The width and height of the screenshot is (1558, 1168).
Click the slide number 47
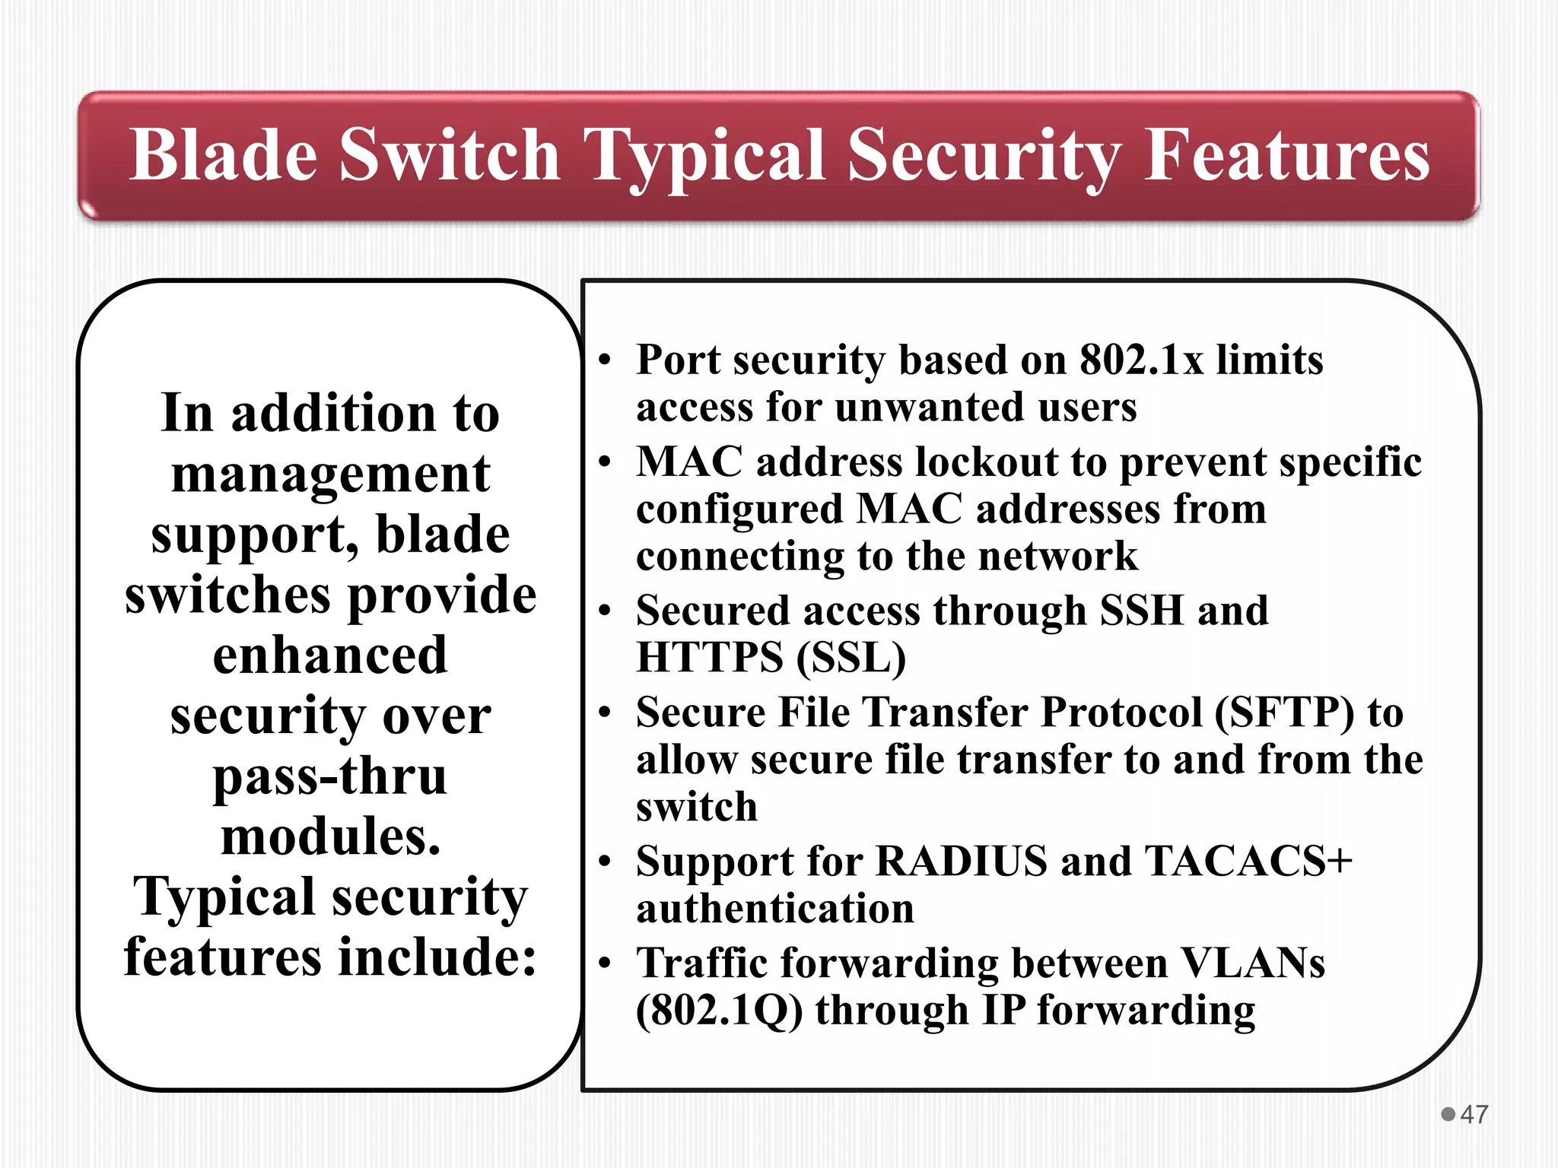click(1474, 1114)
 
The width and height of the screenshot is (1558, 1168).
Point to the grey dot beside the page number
click(1448, 1114)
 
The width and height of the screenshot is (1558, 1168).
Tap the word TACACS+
click(1248, 862)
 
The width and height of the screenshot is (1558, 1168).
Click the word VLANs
click(1253, 963)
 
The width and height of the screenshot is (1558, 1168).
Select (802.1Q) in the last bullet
click(719, 1012)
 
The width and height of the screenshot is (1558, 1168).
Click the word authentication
click(775, 909)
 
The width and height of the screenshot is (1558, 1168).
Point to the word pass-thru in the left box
click(330, 777)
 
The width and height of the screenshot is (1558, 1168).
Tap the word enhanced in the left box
click(330, 655)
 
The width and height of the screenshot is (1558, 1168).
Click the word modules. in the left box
click(330, 836)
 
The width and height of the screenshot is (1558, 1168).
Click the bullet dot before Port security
click(605, 360)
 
